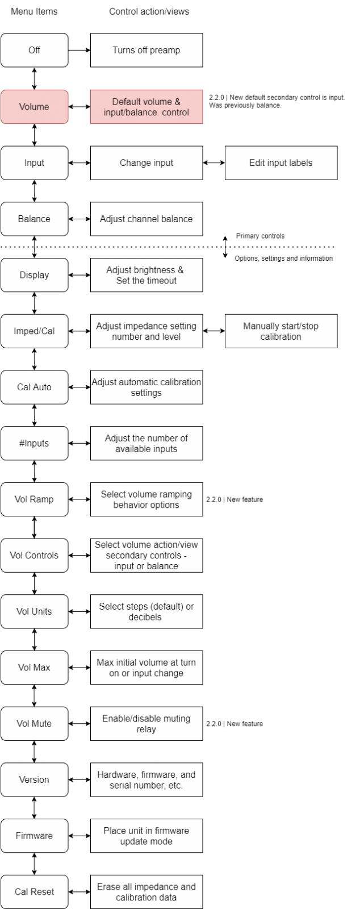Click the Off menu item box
35,51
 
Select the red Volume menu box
35,107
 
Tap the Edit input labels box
281,162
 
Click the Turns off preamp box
146,51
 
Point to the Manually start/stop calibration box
281,331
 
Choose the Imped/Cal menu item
35,331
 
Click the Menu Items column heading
34,11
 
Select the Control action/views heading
149,11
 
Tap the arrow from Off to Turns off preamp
79,51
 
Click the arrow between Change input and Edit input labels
214,162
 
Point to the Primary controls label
260,236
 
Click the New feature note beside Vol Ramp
235,499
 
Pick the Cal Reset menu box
35,891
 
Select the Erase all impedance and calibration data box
146,891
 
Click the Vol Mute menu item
35,724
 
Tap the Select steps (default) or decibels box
146,611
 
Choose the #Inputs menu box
35,443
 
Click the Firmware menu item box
35,836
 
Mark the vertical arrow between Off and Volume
35,78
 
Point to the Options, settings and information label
284,258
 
